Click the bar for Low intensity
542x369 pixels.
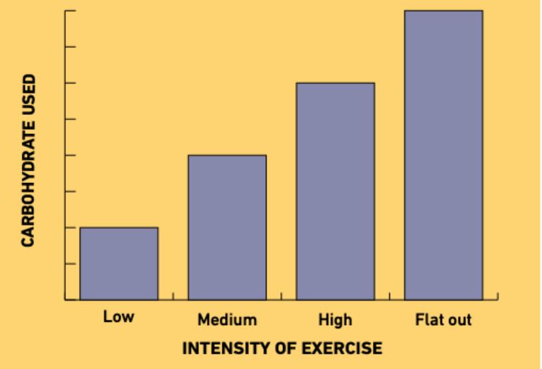coord(118,263)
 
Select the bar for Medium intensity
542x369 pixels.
coord(227,227)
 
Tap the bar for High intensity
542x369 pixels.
coord(335,191)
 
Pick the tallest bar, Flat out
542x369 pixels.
coord(443,155)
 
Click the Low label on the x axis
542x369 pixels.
coord(118,317)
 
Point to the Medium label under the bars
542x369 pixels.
coord(227,320)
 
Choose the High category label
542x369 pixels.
coord(335,320)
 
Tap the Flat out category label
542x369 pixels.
coord(443,320)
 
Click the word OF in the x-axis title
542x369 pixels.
coord(284,348)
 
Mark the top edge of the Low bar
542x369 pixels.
coord(118,228)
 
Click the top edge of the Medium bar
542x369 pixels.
coord(227,155)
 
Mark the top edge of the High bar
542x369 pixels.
coord(335,83)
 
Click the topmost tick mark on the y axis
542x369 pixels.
coord(70,11)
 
